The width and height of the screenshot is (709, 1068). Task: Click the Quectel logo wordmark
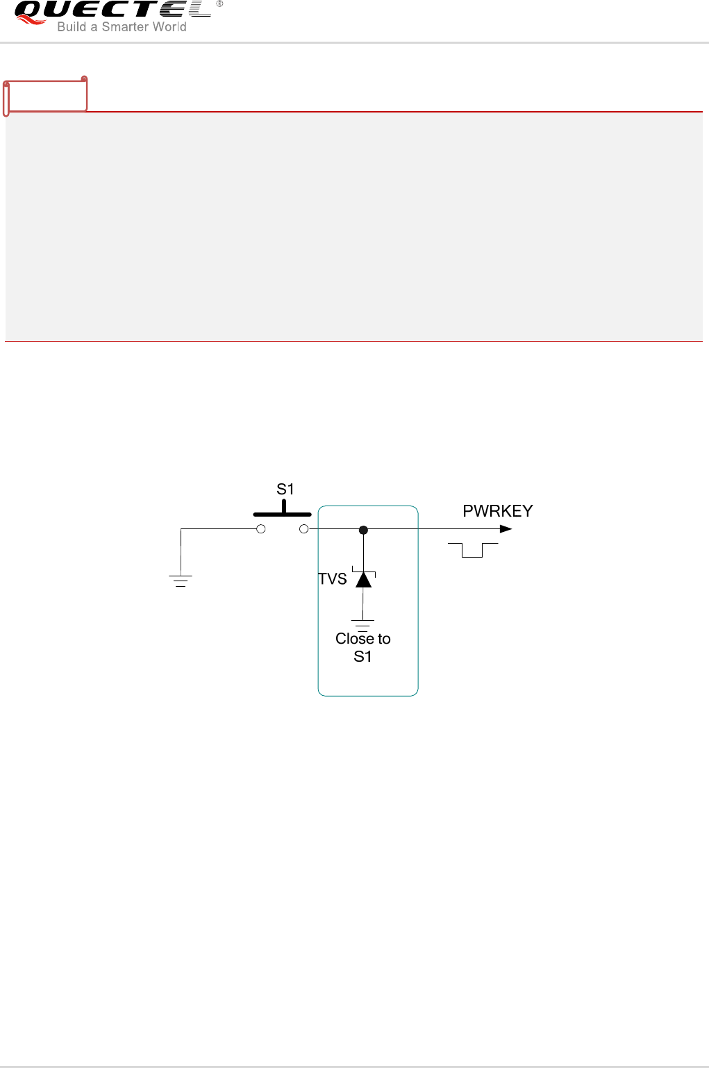111,10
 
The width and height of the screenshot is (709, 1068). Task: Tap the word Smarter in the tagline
126,27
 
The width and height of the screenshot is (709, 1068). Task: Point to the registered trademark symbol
219,3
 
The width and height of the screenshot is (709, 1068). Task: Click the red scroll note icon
46,96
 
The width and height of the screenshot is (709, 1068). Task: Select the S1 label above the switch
285,489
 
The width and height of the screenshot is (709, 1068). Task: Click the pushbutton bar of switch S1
282,514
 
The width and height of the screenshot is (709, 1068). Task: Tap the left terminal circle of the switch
261,529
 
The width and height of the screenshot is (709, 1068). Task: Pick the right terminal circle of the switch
303,529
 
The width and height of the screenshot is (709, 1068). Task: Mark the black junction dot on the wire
363,530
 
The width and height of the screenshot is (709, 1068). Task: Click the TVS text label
333,579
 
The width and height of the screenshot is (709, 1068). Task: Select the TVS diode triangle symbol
364,578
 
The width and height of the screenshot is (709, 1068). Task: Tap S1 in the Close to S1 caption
362,657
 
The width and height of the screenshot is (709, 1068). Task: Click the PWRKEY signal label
497,511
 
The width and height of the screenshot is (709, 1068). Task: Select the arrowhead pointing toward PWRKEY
506,529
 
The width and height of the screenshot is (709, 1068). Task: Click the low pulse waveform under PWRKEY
473,550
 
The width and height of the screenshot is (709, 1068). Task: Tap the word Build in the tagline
72,27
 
